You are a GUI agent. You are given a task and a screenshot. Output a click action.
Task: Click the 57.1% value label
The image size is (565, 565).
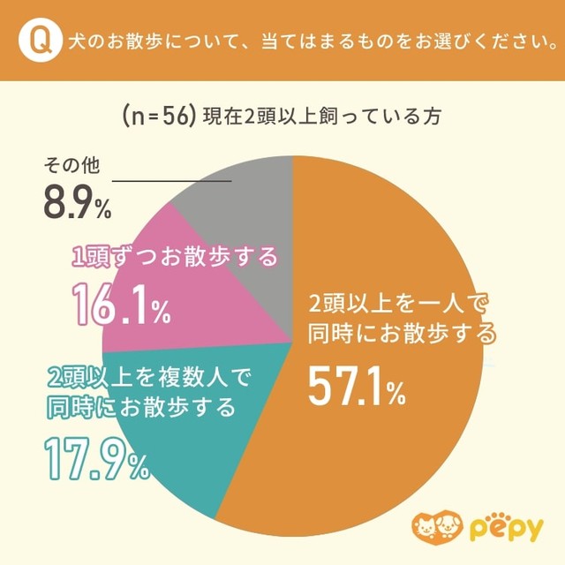click(356, 385)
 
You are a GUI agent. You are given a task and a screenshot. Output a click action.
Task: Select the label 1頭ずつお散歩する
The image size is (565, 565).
click(174, 257)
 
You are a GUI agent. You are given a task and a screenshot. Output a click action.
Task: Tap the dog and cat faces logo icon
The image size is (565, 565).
click(441, 528)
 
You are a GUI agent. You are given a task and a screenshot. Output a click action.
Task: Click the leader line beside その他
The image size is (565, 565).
click(172, 181)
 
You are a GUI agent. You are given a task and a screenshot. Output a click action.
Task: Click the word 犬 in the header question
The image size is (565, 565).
click(79, 41)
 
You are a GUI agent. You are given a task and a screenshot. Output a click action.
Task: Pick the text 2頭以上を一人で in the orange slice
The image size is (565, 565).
click(397, 305)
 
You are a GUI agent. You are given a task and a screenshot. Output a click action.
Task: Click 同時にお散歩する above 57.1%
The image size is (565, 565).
click(402, 334)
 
